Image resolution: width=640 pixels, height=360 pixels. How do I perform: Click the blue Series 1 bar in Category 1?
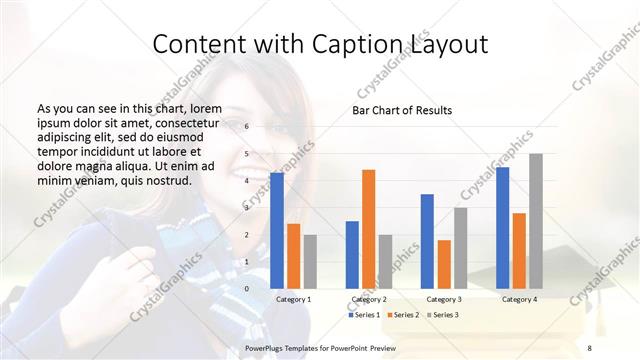277,230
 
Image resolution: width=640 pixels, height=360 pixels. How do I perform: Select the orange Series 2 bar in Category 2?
369,228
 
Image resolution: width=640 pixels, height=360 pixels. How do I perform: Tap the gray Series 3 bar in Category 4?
536,220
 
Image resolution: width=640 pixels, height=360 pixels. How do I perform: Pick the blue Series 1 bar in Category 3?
427,240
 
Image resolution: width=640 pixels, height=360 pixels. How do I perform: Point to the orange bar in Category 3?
444,263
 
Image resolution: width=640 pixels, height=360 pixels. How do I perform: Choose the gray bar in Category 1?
310,261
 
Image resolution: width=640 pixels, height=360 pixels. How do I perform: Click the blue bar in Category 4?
502,227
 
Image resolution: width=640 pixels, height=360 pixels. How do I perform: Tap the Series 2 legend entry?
403,315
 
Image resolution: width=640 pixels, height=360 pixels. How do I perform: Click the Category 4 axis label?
519,299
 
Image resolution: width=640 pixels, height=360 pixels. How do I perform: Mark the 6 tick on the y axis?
246,127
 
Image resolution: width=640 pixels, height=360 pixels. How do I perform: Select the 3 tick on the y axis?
246,208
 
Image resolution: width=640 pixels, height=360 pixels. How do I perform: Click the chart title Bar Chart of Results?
402,110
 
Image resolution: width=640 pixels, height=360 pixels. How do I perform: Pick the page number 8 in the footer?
589,347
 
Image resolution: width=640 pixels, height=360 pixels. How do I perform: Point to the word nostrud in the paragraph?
164,180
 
